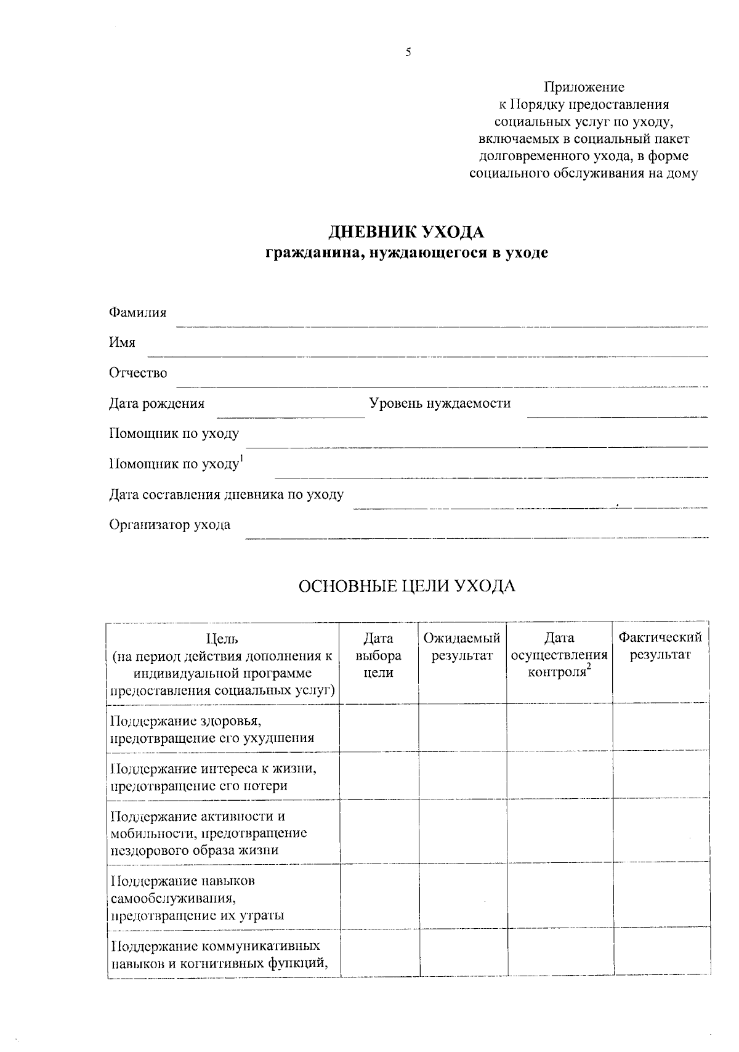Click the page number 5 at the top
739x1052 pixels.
[408, 53]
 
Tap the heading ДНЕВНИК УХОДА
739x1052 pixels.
[406, 232]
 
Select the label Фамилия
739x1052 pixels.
[137, 312]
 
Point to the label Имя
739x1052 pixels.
[122, 342]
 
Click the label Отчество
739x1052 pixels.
[138, 373]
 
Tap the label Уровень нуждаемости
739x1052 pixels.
[440, 403]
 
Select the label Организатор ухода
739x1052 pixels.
[169, 525]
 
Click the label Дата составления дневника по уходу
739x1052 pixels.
[226, 495]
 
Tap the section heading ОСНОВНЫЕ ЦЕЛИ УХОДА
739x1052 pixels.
[406, 586]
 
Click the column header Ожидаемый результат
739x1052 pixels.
[462, 647]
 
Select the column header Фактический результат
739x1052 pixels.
[660, 645]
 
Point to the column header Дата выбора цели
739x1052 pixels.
[379, 655]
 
